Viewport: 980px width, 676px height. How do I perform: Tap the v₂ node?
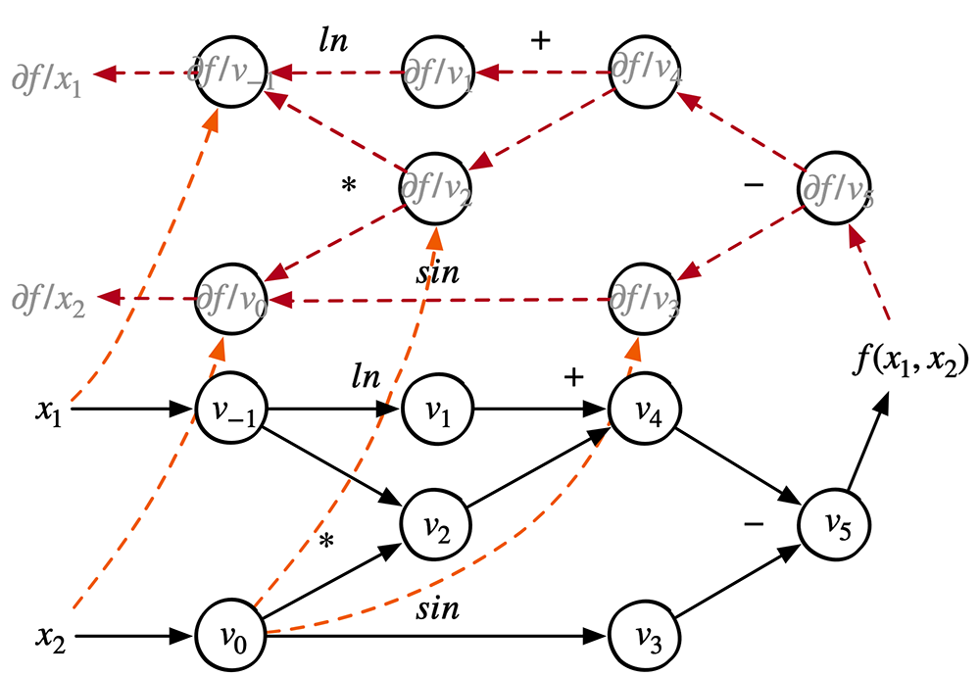click(x=438, y=528)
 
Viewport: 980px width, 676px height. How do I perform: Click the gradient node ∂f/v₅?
click(x=835, y=186)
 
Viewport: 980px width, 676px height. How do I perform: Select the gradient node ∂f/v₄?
click(x=644, y=71)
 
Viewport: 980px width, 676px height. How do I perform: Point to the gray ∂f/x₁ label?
click(x=47, y=74)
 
